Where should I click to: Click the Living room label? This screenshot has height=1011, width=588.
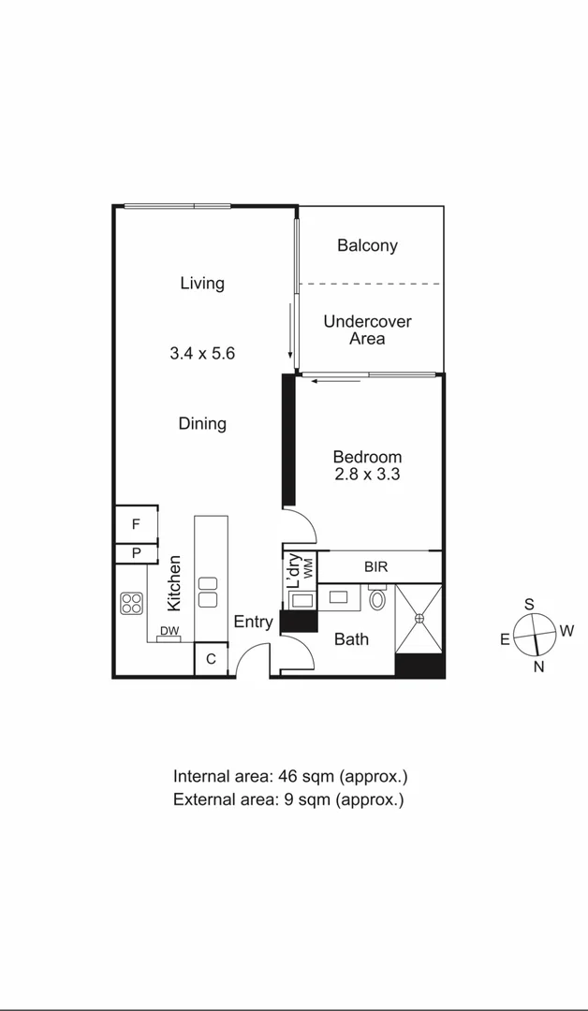pos(202,283)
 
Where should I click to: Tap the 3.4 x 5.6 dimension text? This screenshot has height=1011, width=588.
pos(202,353)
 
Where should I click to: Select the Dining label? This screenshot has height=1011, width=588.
pos(202,423)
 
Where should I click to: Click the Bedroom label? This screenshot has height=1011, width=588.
pos(367,457)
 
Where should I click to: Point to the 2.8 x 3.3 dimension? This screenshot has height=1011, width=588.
pos(367,475)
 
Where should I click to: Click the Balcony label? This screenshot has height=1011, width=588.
pos(367,245)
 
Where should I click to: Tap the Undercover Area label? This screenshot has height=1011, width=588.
pos(367,330)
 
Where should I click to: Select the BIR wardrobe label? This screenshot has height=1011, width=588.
pos(377,567)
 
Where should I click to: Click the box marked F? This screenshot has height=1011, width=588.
pos(136,524)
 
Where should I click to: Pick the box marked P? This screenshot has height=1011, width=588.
pos(136,553)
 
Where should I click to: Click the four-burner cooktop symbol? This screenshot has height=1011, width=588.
pos(132,604)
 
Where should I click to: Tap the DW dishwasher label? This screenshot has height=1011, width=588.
pos(169,632)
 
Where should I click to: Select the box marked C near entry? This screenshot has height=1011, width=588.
pos(211,659)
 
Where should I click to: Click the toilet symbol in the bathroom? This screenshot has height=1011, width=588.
pos(377,597)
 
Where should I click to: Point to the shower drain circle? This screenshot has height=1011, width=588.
pos(419,618)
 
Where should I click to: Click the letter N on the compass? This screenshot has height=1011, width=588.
pos(538,667)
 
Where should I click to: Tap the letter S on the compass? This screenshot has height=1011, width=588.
pos(530,604)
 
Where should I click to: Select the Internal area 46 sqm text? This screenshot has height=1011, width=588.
pos(290,776)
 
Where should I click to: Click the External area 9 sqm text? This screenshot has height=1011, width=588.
pos(288,799)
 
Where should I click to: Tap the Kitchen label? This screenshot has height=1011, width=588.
pos(173,583)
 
